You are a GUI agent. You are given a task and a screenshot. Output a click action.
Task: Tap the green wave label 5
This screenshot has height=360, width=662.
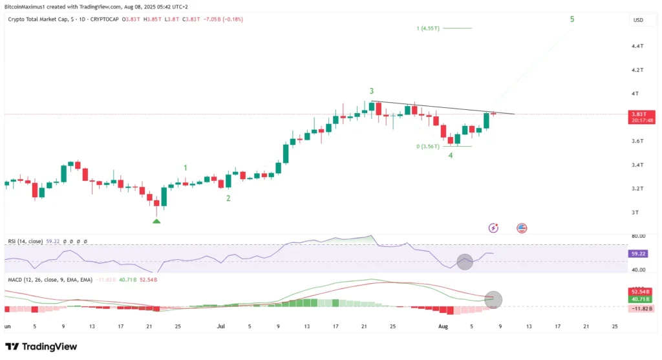coord(571,19)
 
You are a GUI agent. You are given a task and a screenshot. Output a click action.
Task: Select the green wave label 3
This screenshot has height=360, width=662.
coord(372,91)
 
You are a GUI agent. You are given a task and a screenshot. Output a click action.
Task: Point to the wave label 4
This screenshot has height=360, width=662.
coord(451,156)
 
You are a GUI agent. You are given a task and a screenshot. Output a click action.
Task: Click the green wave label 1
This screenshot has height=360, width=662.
coord(186,168)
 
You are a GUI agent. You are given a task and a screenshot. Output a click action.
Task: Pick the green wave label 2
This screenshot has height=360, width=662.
coord(228,198)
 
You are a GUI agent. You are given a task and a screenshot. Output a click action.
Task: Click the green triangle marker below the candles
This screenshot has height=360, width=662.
coord(156,221)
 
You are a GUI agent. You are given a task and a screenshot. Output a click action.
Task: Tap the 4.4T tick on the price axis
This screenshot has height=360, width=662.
coord(637,47)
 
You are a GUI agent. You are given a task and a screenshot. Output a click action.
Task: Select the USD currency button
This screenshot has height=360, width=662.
coord(638,20)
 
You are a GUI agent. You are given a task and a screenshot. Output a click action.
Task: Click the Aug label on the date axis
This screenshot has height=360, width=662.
coord(444,327)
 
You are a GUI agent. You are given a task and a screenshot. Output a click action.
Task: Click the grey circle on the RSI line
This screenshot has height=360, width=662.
coord(465,262)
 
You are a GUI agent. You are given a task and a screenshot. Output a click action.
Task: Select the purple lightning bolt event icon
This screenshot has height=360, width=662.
coord(494,228)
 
